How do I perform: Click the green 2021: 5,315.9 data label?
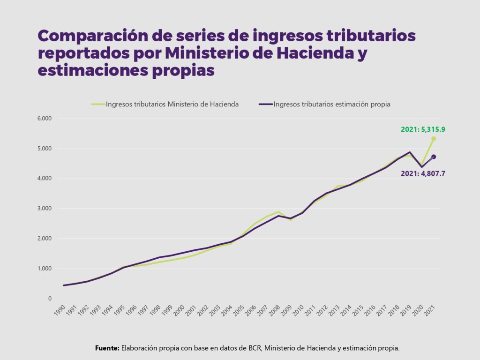[x=423, y=129]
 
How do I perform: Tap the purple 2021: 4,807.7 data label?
[x=423, y=173]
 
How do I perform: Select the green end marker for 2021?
[x=434, y=139]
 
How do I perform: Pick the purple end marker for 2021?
[x=434, y=157]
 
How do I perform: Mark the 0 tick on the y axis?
[x=49, y=298]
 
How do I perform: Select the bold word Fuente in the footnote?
[x=107, y=348]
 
